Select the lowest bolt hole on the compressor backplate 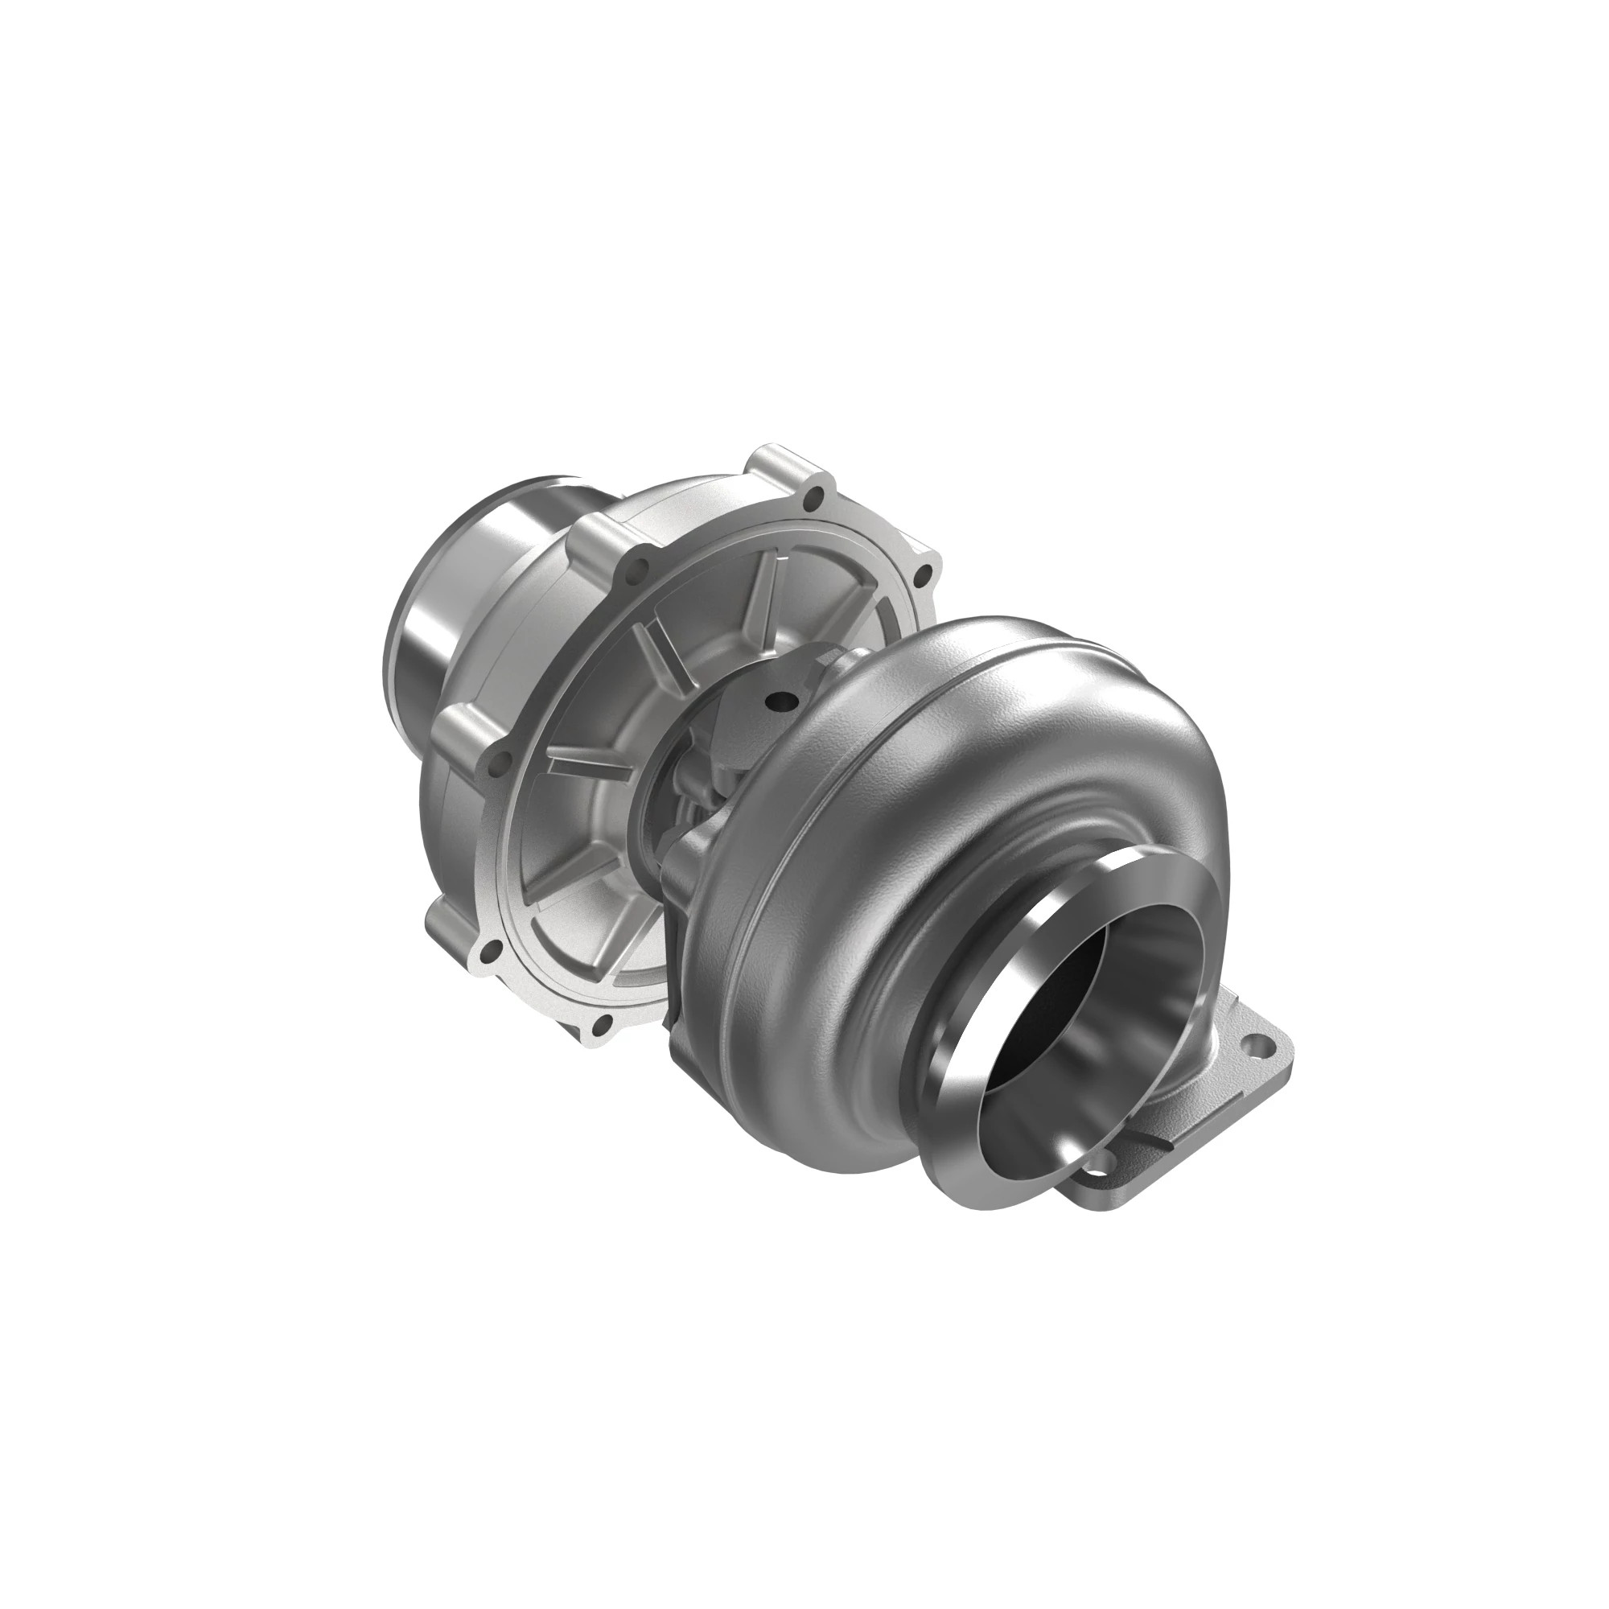(x=601, y=1022)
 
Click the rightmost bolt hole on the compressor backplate (x=922, y=573)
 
